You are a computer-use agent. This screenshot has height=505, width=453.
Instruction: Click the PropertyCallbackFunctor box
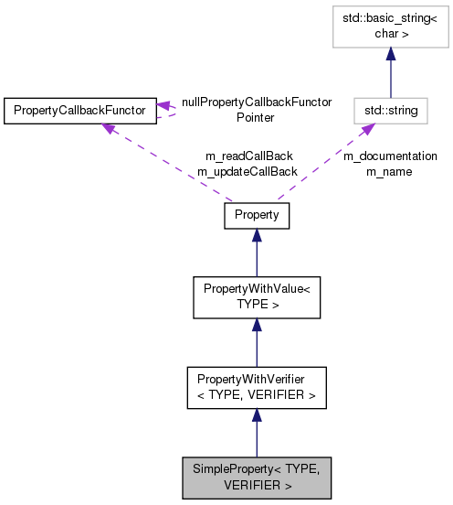tap(79, 111)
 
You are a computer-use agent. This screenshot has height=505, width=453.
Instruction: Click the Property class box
tap(257, 216)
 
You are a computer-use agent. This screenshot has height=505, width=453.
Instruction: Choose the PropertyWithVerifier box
tap(257, 388)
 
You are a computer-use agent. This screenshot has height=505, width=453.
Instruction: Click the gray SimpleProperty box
tap(257, 478)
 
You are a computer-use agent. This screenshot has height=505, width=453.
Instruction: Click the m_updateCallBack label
tap(248, 171)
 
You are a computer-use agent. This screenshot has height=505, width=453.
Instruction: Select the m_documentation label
tap(390, 156)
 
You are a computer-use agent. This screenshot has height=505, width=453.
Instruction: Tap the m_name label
tap(390, 171)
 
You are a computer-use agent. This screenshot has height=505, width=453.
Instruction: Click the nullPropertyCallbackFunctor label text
tap(257, 103)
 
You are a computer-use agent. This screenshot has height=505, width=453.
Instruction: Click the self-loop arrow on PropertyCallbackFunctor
tap(170, 110)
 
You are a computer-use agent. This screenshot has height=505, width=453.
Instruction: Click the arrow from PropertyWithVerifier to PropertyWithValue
tap(257, 344)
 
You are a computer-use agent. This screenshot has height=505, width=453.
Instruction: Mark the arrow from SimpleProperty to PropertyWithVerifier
tap(257, 434)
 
